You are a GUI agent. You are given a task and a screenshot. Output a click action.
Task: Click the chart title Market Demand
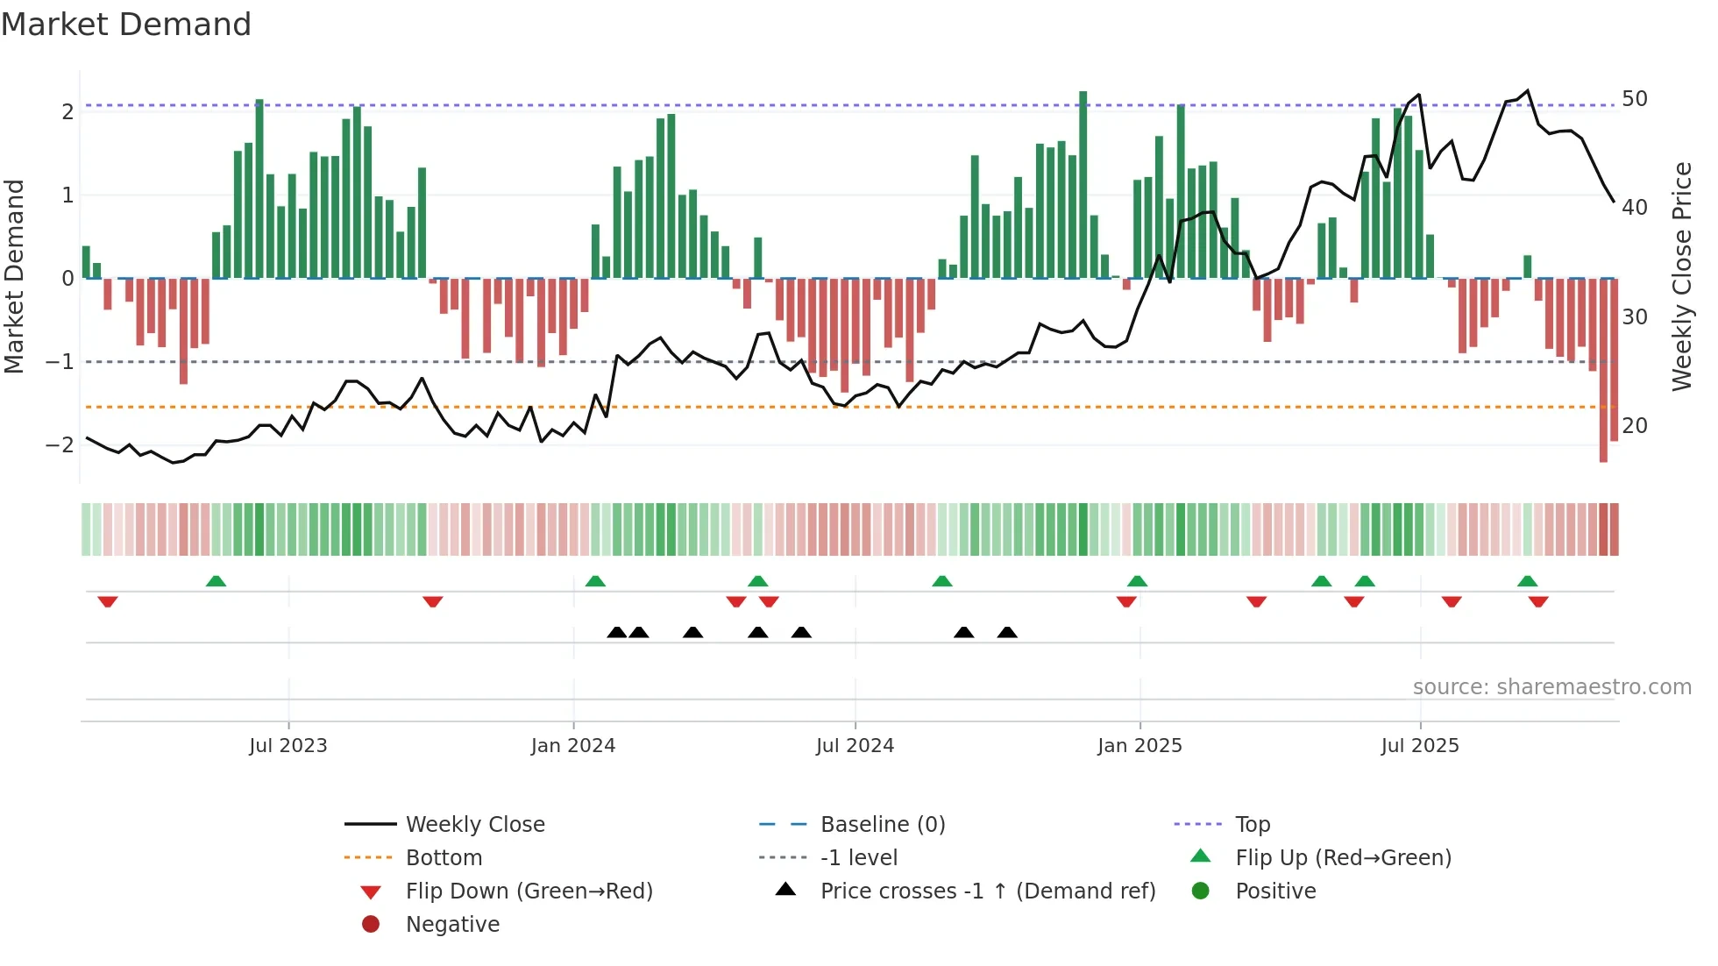[126, 25]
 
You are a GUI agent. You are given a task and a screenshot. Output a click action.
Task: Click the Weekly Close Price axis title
[1681, 276]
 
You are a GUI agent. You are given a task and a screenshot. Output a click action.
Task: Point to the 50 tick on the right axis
[1634, 98]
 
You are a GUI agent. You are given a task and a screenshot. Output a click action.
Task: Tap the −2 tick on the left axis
[60, 444]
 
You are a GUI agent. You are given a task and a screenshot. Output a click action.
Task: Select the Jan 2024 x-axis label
[573, 746]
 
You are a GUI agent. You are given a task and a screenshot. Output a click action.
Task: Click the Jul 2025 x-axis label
[1420, 746]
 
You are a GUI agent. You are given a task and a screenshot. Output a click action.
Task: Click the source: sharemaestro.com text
[1551, 686]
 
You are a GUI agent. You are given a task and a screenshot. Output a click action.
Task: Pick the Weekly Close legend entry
[474, 824]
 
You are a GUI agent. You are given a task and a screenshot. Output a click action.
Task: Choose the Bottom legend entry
[444, 857]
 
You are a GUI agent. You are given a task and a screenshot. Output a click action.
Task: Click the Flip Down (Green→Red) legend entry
[529, 891]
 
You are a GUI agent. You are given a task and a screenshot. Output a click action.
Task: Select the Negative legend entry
[452, 924]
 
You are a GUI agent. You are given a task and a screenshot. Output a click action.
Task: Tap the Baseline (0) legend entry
[882, 824]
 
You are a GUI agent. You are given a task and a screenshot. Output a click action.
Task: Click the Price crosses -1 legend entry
[987, 891]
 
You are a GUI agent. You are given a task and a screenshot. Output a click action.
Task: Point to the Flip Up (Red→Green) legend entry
[1343, 857]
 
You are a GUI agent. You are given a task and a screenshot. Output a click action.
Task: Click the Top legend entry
[1253, 824]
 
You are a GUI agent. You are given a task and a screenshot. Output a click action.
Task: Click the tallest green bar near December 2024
[1083, 184]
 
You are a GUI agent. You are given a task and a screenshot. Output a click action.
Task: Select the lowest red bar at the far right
[1603, 368]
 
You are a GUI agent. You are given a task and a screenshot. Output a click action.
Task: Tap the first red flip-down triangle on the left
[108, 601]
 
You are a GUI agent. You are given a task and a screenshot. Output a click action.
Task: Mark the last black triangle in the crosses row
[1007, 632]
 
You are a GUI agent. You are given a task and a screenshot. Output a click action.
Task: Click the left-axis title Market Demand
[15, 276]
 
